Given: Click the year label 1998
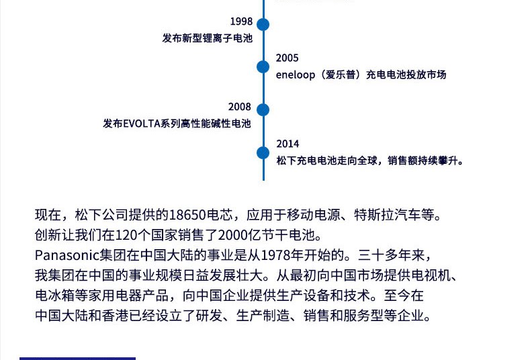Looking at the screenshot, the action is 240,22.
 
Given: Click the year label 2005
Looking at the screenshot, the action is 287,58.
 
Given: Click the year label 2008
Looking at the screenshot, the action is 239,107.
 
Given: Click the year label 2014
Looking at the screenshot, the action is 288,144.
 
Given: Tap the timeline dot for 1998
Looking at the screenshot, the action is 263,25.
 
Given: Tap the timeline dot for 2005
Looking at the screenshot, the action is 263,66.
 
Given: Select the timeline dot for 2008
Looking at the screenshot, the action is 263,109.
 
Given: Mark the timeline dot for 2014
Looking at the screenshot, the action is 263,152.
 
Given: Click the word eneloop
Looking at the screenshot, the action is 295,75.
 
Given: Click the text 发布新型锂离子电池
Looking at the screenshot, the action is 207,39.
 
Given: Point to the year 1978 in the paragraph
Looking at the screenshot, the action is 276,256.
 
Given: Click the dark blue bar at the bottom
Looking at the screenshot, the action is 77,358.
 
